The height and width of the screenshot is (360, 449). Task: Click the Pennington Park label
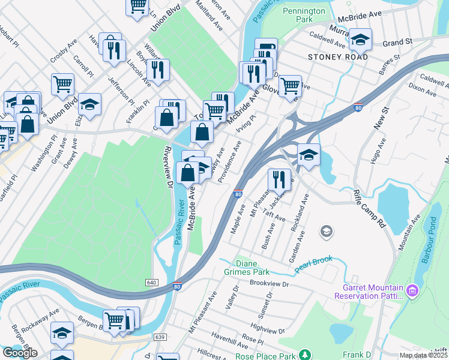[304, 15]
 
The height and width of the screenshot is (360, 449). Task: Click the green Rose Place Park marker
[305, 355]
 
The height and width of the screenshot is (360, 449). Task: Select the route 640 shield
[151, 282]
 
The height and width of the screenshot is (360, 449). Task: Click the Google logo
[20, 353]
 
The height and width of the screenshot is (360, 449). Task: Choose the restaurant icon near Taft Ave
[279, 179]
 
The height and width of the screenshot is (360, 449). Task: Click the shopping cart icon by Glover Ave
[290, 85]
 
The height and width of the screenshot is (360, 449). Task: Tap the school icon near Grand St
[360, 40]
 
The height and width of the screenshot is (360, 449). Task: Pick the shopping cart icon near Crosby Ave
[62, 84]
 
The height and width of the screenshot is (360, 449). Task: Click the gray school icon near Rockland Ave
[327, 231]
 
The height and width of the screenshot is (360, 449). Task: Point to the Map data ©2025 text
[423, 355]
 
